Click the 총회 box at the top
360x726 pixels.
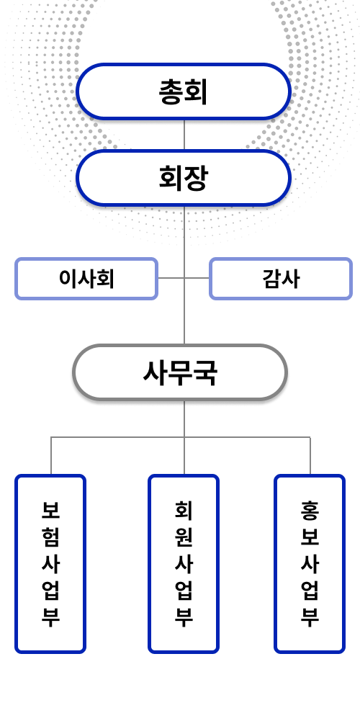(x=183, y=91)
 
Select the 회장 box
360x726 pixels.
(x=183, y=178)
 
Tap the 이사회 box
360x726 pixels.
(x=86, y=279)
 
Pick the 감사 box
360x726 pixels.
(x=280, y=279)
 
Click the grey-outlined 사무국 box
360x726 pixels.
(x=180, y=372)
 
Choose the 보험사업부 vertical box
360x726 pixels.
(x=50, y=564)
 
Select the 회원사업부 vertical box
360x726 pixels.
(x=184, y=564)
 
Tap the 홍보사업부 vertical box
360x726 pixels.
(x=310, y=564)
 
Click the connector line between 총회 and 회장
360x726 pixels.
(x=184, y=135)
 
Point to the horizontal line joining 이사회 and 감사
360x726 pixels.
(x=184, y=278)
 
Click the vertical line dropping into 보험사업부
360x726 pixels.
(x=51, y=456)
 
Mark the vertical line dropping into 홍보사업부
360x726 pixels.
(x=310, y=456)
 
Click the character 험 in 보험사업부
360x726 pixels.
(x=50, y=537)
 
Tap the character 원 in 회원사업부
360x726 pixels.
(x=184, y=537)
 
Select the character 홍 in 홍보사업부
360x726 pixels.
(x=310, y=510)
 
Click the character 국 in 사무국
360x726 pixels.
(x=204, y=373)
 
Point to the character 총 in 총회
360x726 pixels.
(x=171, y=91)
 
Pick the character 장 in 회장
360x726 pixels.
(x=195, y=179)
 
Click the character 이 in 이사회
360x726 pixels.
(x=68, y=279)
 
